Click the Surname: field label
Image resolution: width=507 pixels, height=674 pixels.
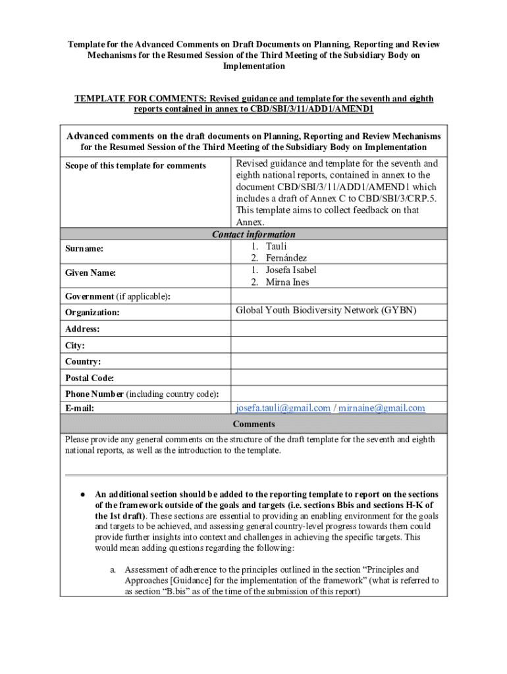pos(84,249)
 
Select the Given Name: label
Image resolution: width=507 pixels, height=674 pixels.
pos(91,273)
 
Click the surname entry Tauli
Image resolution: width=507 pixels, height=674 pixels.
pos(277,246)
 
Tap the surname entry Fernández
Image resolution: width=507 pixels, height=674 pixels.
pos(286,258)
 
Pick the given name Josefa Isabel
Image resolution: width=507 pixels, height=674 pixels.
pos(291,270)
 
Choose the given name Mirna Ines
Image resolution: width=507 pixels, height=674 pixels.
pos(287,282)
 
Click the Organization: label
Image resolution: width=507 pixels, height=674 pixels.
pos(92,313)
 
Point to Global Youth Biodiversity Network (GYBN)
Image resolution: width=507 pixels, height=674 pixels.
pos(326,310)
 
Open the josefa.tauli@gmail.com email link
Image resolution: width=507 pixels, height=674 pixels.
pos(283,408)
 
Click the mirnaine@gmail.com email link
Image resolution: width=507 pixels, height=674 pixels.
pos(382,408)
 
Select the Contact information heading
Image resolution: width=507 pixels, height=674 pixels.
pos(254,234)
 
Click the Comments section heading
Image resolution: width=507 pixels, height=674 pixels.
pos(254,424)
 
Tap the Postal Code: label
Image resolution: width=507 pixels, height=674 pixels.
pos(90,378)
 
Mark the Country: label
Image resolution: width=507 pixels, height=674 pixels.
pos(83,361)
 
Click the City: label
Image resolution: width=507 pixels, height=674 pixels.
pos(75,345)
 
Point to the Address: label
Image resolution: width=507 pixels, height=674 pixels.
pos(82,328)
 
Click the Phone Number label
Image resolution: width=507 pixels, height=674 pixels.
pos(94,394)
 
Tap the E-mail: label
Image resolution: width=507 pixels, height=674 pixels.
pos(80,408)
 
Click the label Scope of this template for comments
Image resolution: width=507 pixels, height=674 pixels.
pos(136,166)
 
